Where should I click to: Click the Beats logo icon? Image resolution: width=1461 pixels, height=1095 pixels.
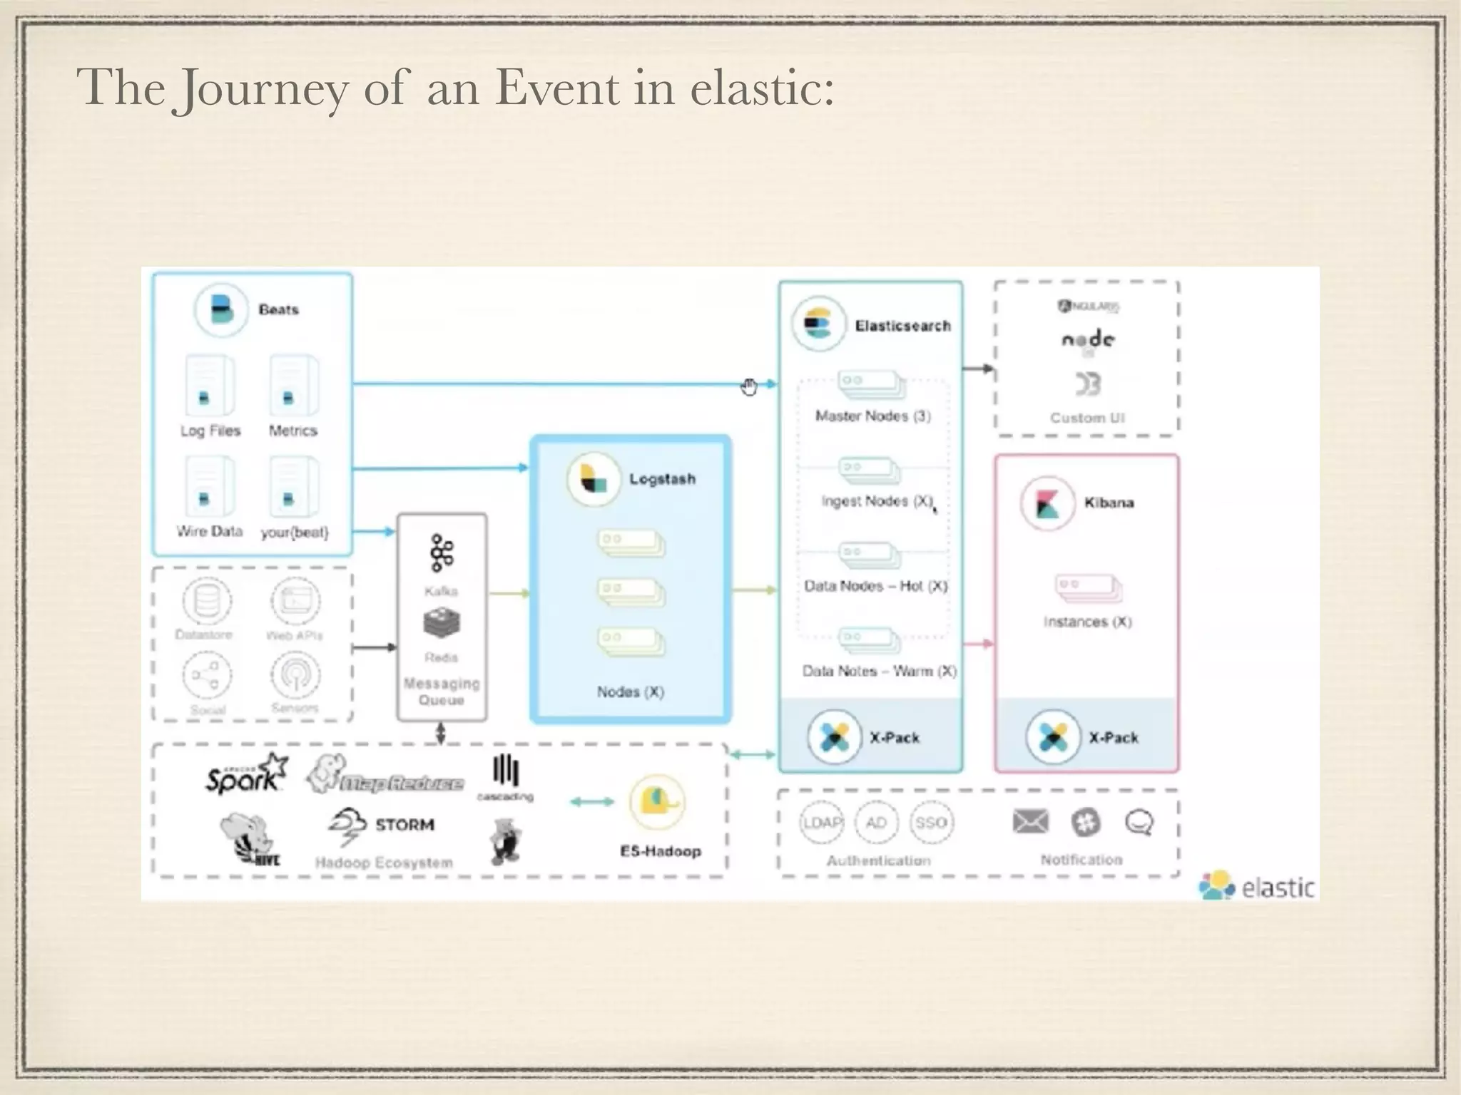coord(221,310)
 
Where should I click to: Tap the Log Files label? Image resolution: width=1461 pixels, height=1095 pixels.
coord(210,431)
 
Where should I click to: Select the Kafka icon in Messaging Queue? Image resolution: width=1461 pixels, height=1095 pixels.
coord(442,553)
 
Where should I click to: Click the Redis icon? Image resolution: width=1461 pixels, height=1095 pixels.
coord(442,623)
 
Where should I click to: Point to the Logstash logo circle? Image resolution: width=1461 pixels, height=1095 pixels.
coord(593,478)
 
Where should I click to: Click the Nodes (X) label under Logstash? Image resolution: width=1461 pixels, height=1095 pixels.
coord(630,692)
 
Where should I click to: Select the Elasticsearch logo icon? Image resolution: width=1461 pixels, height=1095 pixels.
coord(818,324)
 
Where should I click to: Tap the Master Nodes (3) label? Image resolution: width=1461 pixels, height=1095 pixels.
coord(872,416)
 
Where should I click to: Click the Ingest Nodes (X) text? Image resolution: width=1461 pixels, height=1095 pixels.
coord(877,501)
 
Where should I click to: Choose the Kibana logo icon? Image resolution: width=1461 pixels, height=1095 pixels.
coord(1047,503)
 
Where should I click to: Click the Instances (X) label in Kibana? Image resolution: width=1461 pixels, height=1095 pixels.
coord(1087,622)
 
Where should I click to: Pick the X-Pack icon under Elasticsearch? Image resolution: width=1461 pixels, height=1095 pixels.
coord(834,737)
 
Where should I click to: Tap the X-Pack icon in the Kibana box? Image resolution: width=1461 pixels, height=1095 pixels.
coord(1052,737)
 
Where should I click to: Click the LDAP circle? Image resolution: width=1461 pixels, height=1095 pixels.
coord(822,823)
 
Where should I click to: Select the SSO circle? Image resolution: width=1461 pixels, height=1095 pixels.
coord(931,823)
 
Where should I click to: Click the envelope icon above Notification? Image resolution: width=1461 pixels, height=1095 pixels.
coord(1030,822)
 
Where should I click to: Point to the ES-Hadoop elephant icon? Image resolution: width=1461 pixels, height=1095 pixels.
coord(657,802)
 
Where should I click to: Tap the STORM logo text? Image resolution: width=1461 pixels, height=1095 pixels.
coord(404,825)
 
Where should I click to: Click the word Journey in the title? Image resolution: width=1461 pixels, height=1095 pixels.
coord(262,88)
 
